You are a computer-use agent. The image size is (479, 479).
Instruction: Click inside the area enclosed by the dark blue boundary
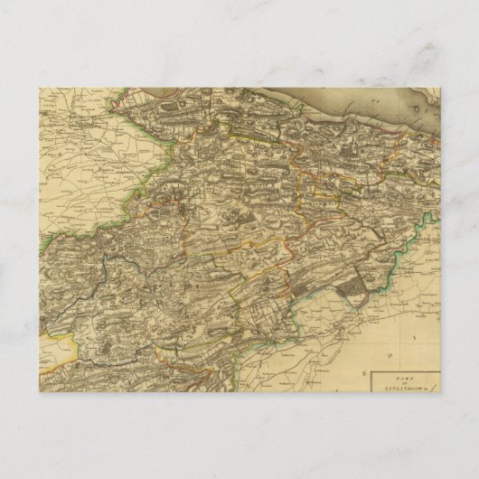[x=136, y=298]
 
